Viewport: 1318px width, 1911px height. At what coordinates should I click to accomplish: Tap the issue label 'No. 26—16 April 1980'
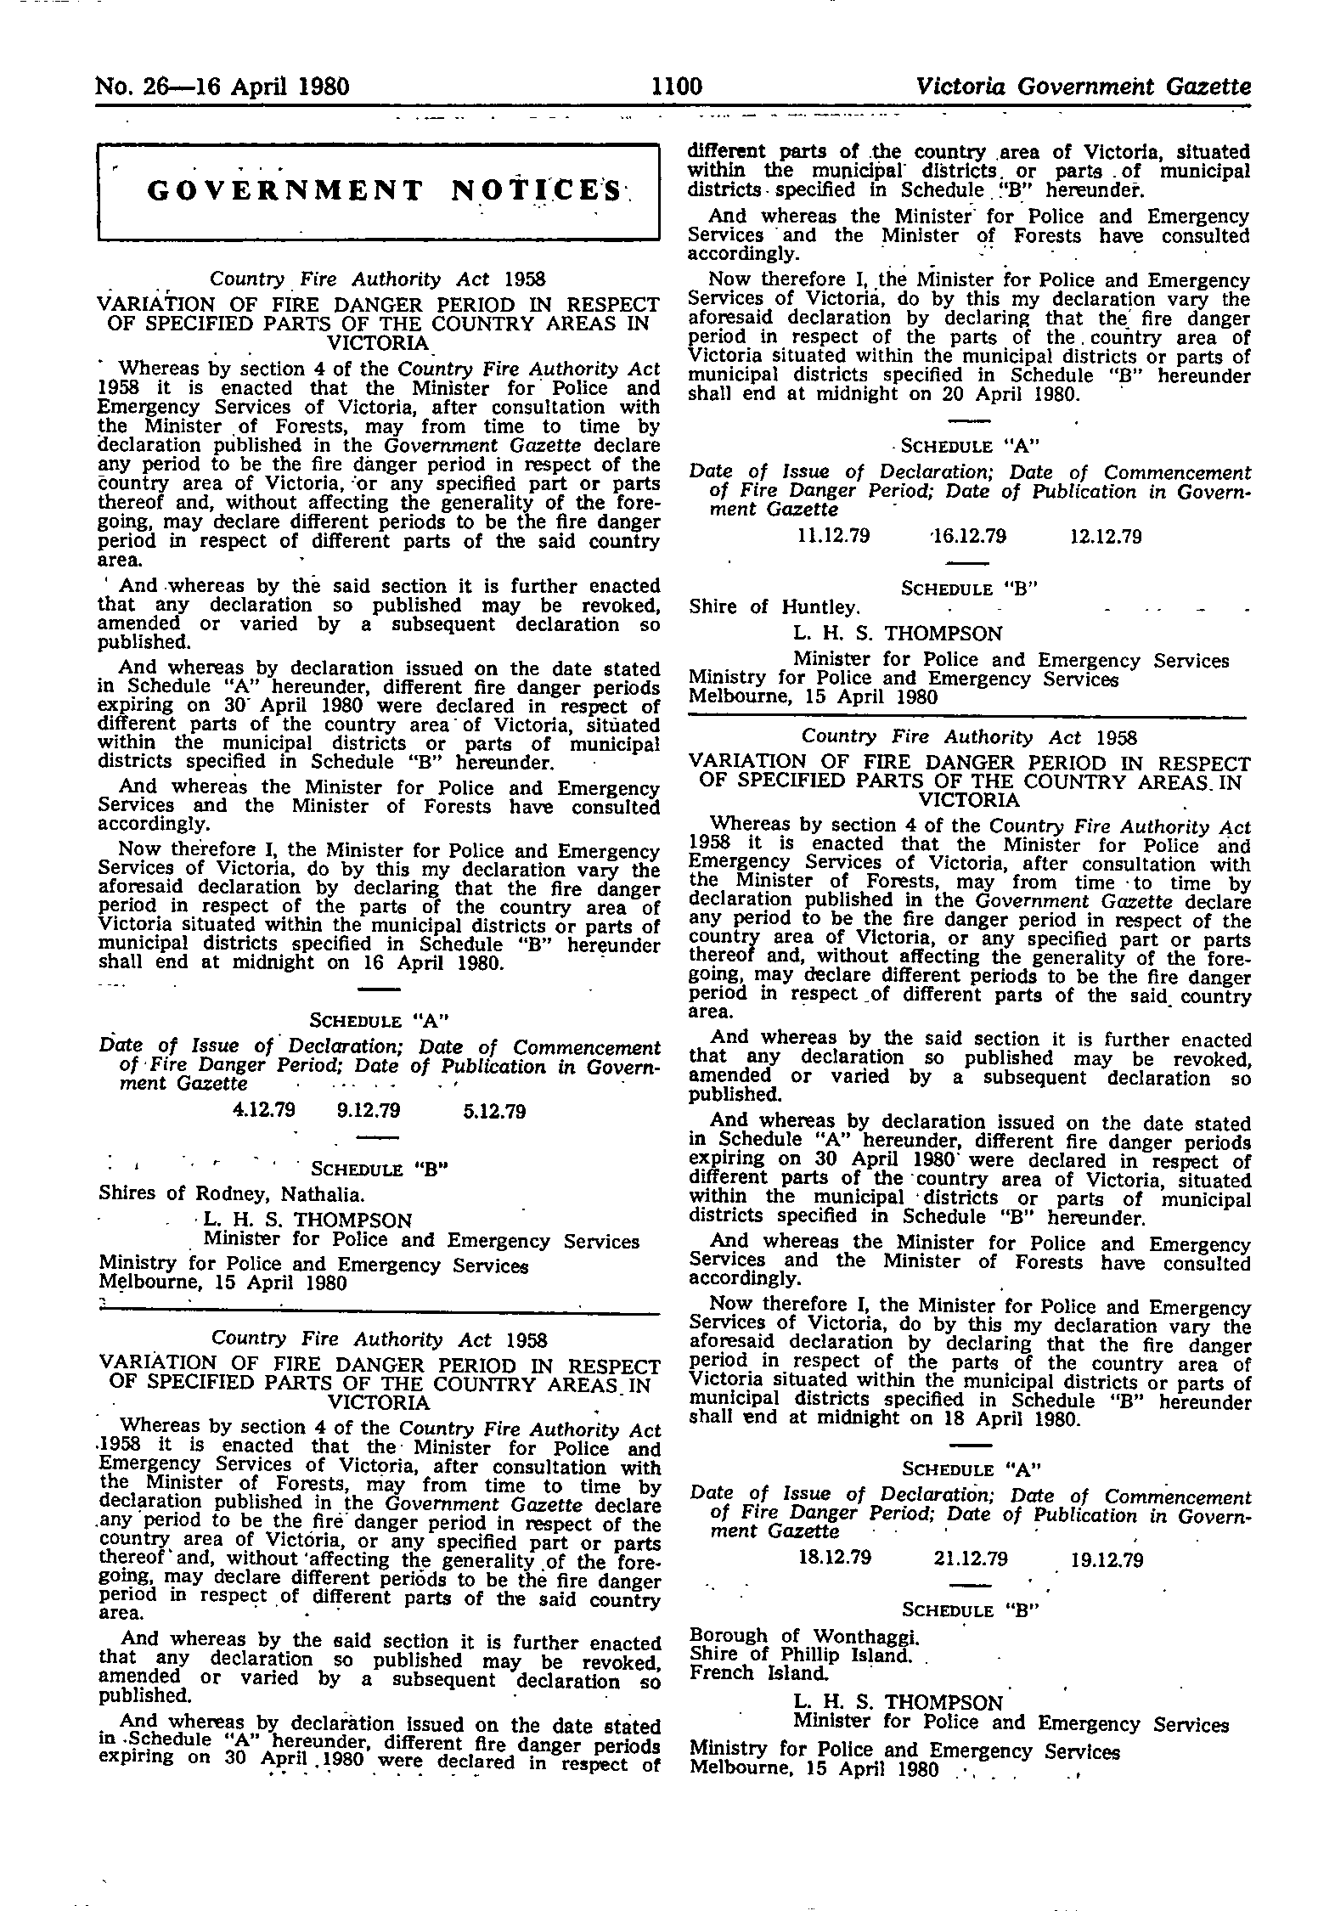point(223,87)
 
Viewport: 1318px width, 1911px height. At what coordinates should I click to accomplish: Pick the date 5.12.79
point(495,1111)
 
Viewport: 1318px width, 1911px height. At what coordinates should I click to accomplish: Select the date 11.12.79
point(835,536)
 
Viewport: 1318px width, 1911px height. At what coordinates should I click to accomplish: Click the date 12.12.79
point(1101,536)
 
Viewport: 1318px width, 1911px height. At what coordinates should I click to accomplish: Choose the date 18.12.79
point(835,1559)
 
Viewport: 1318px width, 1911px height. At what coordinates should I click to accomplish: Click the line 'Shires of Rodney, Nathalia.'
point(232,1194)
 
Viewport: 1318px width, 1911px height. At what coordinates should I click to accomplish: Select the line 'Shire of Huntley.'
point(774,607)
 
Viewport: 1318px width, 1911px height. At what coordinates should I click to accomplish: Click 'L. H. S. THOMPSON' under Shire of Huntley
point(898,634)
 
